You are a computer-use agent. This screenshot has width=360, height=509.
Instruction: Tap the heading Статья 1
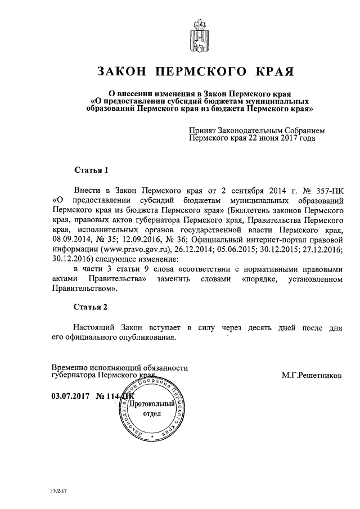click(x=91, y=169)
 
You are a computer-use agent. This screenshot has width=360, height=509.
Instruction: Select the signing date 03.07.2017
click(x=71, y=395)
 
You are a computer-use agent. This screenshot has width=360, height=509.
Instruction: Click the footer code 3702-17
click(x=58, y=492)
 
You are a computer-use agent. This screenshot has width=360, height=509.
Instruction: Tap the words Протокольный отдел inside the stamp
click(x=148, y=408)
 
